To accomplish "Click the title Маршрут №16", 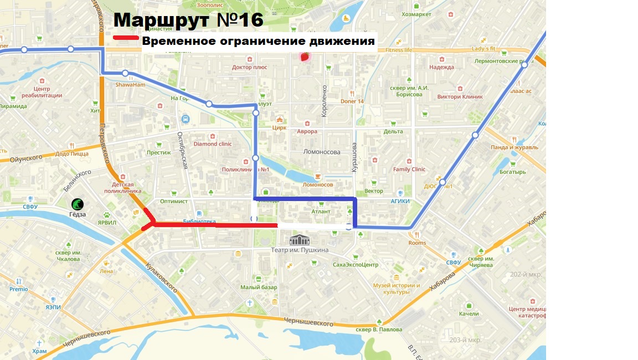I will [188, 20].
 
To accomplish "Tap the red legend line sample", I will [126, 38].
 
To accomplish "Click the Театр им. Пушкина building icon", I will [300, 240].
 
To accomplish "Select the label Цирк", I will [280, 127].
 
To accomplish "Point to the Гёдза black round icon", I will [78, 204].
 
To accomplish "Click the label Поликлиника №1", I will [245, 170].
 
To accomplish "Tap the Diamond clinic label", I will [213, 144].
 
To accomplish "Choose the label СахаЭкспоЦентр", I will [356, 265].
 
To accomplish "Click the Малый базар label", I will [259, 287].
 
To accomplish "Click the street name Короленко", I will [325, 101].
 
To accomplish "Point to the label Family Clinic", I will [409, 169].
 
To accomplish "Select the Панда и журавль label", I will [514, 147].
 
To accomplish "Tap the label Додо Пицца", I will [72, 154].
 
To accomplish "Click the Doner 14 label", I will [352, 101].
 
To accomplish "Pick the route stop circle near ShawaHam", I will [126, 74].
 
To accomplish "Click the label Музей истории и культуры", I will [396, 289].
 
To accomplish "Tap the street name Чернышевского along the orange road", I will [308, 322].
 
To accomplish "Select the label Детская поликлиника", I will [123, 187].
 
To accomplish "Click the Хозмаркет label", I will [416, 14].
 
